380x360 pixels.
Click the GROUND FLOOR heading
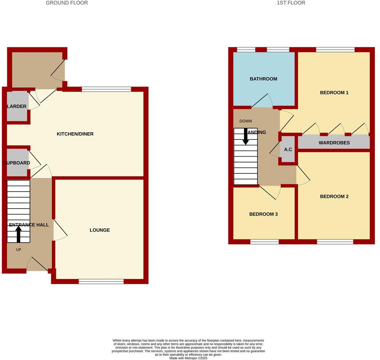[67, 3]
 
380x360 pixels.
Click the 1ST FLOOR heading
[291, 3]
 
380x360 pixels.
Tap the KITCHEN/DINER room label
[75, 134]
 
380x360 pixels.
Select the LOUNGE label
[100, 230]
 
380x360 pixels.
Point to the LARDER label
[16, 106]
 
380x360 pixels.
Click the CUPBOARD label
[16, 163]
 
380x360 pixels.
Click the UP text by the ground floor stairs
[19, 250]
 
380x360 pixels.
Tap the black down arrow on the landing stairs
[246, 136]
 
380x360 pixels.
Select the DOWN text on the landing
[246, 121]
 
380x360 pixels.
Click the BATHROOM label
[263, 79]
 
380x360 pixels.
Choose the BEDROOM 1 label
[334, 93]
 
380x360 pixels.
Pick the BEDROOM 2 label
[334, 196]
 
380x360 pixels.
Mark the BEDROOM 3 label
[263, 214]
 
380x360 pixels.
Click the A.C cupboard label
[288, 149]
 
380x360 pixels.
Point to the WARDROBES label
[334, 143]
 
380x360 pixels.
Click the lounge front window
[101, 282]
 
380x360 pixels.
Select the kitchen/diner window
[106, 90]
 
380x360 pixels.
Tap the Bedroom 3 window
[264, 242]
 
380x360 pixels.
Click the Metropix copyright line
[188, 358]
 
